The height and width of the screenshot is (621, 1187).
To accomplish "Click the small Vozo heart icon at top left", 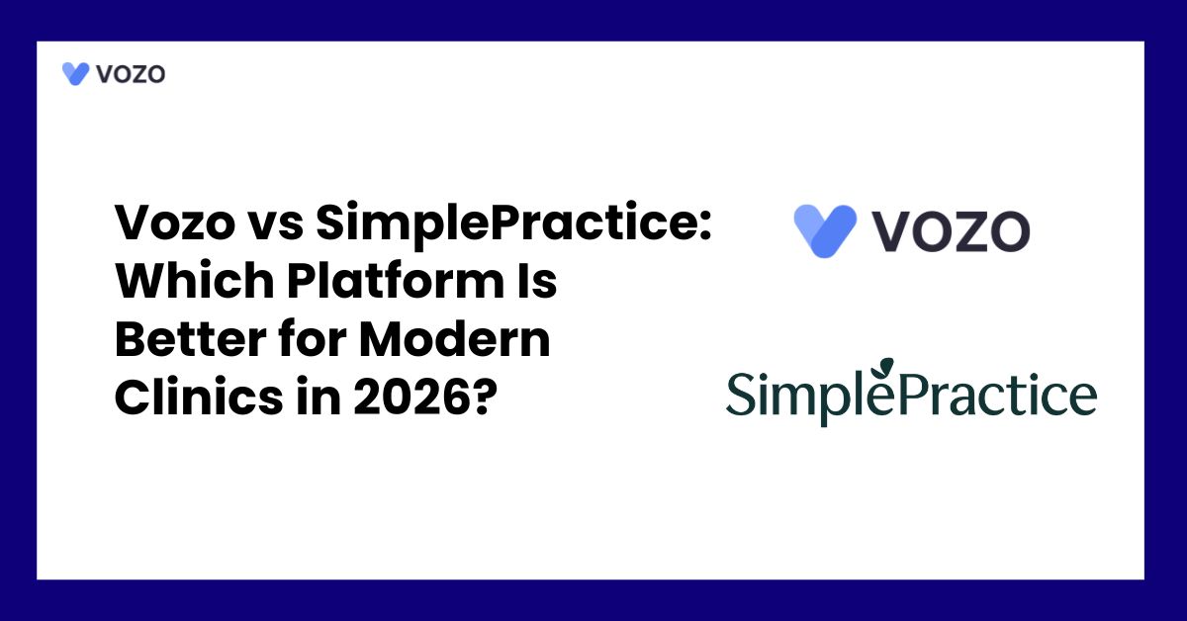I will pos(76,74).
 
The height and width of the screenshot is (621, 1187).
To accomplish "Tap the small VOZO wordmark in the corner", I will pos(131,74).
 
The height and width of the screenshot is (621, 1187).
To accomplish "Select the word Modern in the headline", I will pos(454,342).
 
